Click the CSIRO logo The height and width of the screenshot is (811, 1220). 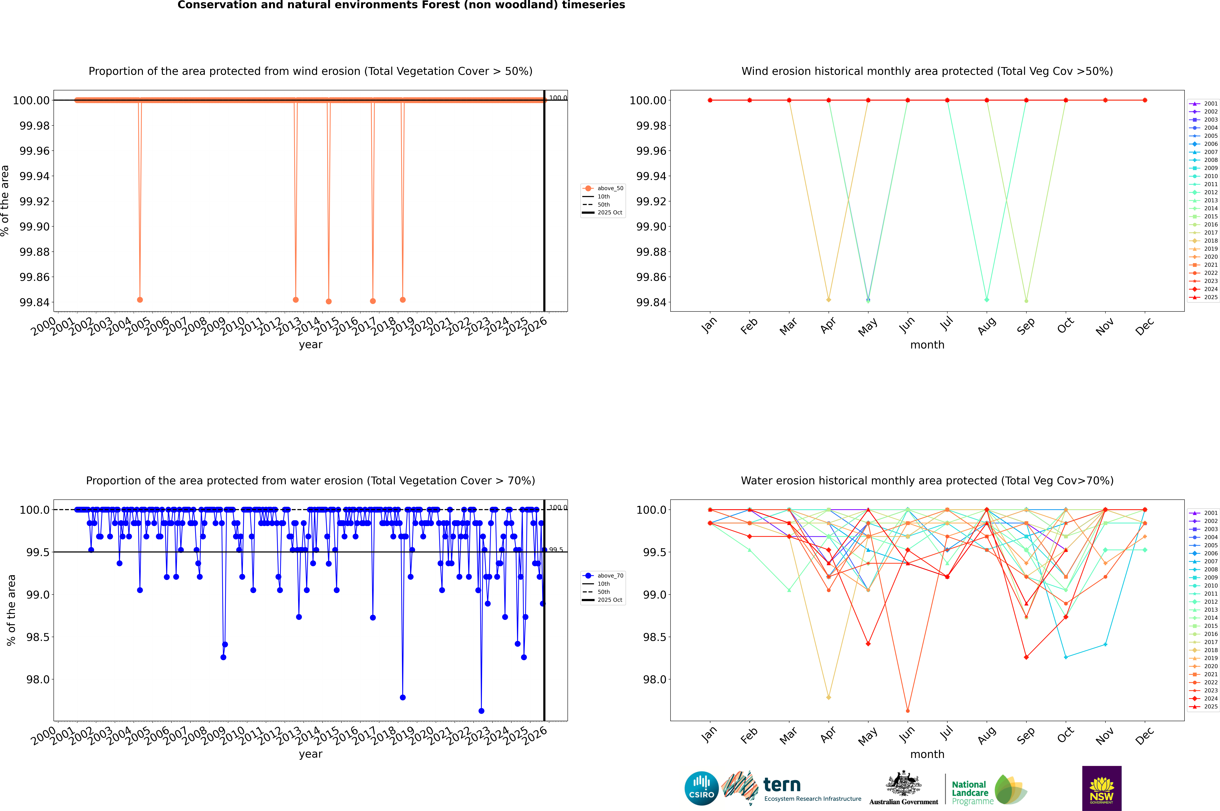pos(701,788)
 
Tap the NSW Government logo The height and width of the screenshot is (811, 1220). pos(1102,788)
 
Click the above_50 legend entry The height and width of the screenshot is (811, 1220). pos(604,188)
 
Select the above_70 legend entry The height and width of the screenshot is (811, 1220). pos(604,576)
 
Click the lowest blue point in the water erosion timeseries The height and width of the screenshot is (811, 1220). pos(482,711)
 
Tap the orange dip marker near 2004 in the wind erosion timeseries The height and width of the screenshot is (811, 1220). pos(140,299)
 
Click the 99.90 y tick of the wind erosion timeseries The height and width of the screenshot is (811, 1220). pos(35,227)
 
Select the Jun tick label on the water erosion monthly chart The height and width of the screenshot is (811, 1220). pos(907,736)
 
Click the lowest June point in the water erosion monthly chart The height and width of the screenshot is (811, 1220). pos(908,711)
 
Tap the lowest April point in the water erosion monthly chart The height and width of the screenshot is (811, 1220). pos(829,697)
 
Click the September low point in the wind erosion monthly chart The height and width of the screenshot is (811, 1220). pos(1026,300)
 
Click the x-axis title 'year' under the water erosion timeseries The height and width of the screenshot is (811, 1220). pos(310,754)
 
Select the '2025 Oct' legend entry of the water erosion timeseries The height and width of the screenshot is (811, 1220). pos(604,600)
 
